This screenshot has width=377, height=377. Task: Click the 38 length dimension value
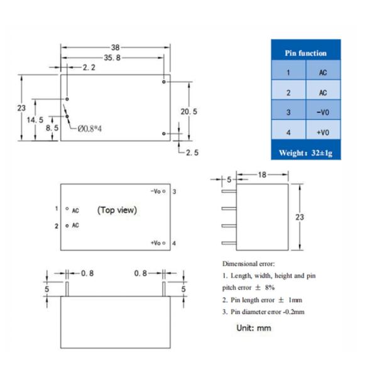115,47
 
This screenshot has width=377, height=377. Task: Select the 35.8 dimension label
112,58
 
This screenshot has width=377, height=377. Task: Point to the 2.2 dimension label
89,68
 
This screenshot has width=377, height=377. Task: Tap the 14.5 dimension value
35,120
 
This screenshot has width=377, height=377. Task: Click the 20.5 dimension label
188,112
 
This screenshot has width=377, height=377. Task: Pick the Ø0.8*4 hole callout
90,129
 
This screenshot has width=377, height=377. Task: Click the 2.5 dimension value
192,153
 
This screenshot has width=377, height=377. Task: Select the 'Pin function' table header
305,53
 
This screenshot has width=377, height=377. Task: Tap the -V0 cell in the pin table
323,112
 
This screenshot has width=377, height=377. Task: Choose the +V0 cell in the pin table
323,133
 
